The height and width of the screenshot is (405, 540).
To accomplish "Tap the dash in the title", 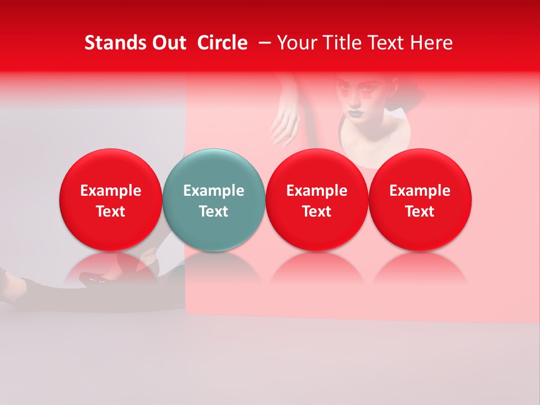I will (264, 43).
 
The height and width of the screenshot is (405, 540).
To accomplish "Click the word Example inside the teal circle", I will (214, 191).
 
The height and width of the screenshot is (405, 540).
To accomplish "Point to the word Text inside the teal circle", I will (214, 211).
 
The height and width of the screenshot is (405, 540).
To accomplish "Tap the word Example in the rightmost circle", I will (420, 191).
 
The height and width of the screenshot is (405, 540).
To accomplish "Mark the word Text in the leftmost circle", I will (110, 211).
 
